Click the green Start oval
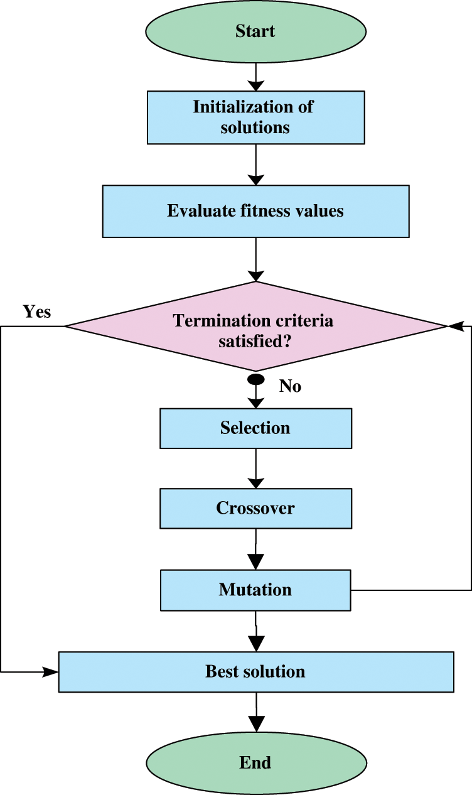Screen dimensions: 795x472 pos(255,31)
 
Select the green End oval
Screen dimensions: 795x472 pos(255,762)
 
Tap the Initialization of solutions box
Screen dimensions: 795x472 pos(255,117)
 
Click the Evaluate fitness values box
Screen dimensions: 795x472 pos(255,211)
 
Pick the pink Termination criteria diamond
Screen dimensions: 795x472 pos(255,327)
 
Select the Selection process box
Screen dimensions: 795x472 pos(255,428)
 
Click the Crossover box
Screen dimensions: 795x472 pos(255,508)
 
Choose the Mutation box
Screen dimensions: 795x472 pos(255,590)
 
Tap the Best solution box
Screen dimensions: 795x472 pos(255,671)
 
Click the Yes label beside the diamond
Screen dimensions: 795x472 pos(37,311)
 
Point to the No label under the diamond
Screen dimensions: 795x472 pos(290,386)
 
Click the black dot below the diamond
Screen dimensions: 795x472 pos(256,379)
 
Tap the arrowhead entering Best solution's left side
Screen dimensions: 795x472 pos(50,672)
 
